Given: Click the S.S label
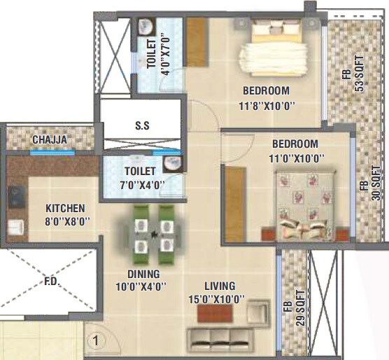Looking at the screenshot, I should pyautogui.click(x=142, y=126).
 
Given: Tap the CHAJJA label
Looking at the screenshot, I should pyautogui.click(x=50, y=140).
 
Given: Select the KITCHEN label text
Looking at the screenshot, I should pyautogui.click(x=65, y=209).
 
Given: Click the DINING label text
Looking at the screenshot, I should pyautogui.click(x=143, y=274).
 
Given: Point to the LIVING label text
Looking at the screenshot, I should pyautogui.click(x=220, y=286).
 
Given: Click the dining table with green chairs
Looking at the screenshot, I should pyautogui.click(x=153, y=228).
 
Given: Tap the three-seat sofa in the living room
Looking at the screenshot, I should pyautogui.click(x=217, y=339).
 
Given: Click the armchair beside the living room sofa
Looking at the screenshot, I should pyautogui.click(x=258, y=312).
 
